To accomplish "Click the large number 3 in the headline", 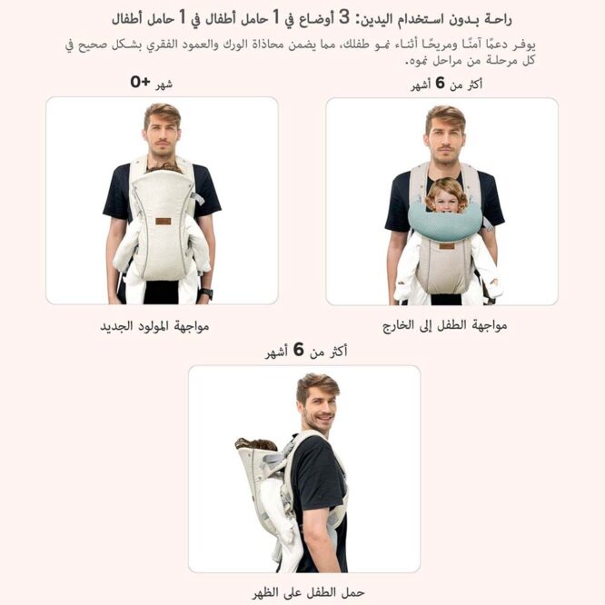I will [344, 16].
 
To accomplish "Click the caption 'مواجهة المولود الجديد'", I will [154, 325].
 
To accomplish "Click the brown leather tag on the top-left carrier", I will [163, 221].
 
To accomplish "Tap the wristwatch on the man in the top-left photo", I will [206, 293].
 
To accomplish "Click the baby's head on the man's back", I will [256, 444].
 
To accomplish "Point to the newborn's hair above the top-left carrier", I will [164, 167].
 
